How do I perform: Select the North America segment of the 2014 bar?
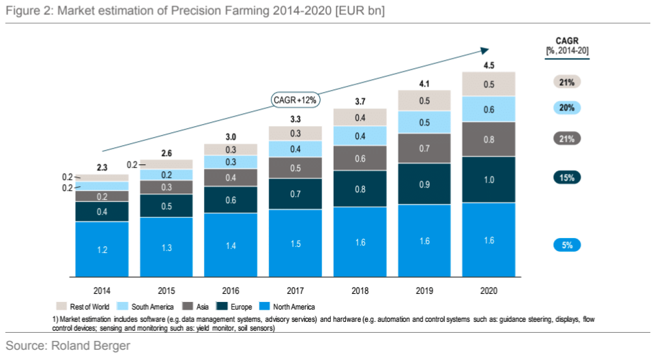coord(102,250)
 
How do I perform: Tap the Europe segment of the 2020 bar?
coord(488,179)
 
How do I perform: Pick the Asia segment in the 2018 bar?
coord(360,157)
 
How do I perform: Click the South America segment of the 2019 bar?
coord(424,122)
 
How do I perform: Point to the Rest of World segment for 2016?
coord(231,149)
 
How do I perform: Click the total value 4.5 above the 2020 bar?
coord(488,66)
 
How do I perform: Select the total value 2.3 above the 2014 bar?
coord(102,167)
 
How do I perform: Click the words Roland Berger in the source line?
coord(90,346)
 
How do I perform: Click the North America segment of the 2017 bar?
coord(295,243)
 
